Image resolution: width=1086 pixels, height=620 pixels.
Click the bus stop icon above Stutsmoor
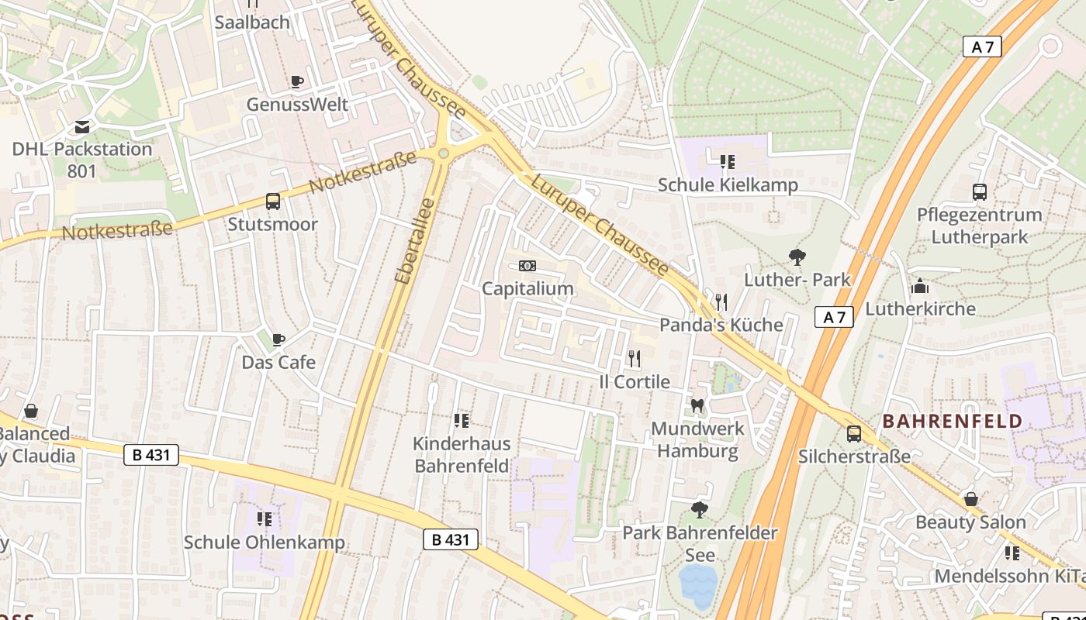click(273, 201)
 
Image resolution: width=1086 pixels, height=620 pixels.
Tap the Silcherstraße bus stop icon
click(854, 434)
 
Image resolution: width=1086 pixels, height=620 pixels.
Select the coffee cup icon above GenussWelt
click(296, 81)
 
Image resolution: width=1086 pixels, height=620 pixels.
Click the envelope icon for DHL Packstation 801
click(82, 127)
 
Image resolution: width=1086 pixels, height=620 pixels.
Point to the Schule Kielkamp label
click(728, 185)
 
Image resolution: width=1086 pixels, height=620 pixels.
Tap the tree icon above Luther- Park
click(797, 257)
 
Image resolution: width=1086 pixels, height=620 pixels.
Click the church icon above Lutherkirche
click(920, 286)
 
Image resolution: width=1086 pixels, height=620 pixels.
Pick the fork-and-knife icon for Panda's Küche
click(721, 301)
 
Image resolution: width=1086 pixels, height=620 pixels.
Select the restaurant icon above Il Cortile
click(635, 359)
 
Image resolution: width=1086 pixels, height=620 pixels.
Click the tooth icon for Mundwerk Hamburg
click(697, 405)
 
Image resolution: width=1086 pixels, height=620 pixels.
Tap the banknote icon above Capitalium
click(527, 266)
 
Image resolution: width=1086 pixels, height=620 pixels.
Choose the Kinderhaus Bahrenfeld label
click(462, 455)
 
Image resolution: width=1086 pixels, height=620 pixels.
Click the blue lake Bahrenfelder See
click(697, 584)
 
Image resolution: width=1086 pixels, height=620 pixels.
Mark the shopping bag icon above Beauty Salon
click(970, 500)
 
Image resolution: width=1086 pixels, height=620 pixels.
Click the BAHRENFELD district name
click(953, 422)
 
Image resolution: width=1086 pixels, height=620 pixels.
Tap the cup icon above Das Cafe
click(278, 339)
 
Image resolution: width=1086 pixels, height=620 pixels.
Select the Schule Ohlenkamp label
click(264, 542)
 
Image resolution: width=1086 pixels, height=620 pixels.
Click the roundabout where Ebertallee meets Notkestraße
click(444, 153)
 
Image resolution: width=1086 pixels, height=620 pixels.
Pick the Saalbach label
click(252, 22)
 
